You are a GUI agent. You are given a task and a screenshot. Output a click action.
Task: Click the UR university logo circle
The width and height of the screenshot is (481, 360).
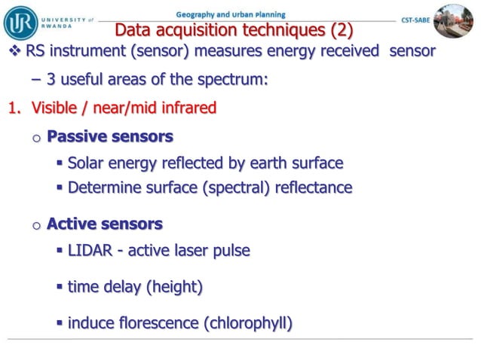click(x=20, y=23)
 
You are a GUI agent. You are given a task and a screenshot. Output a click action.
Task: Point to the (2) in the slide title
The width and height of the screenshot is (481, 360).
click(x=337, y=31)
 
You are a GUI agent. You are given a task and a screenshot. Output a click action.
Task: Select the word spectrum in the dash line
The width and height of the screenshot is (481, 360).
click(x=234, y=80)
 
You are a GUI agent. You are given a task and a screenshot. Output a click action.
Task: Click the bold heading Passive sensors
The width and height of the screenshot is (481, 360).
click(x=110, y=136)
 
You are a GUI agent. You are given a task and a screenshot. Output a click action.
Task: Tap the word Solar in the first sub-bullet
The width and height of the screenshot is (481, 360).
click(x=87, y=163)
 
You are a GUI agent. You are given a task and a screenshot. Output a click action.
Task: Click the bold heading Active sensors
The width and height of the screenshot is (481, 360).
click(x=105, y=224)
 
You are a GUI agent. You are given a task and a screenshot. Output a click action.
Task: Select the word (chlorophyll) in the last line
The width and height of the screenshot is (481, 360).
click(x=248, y=323)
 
